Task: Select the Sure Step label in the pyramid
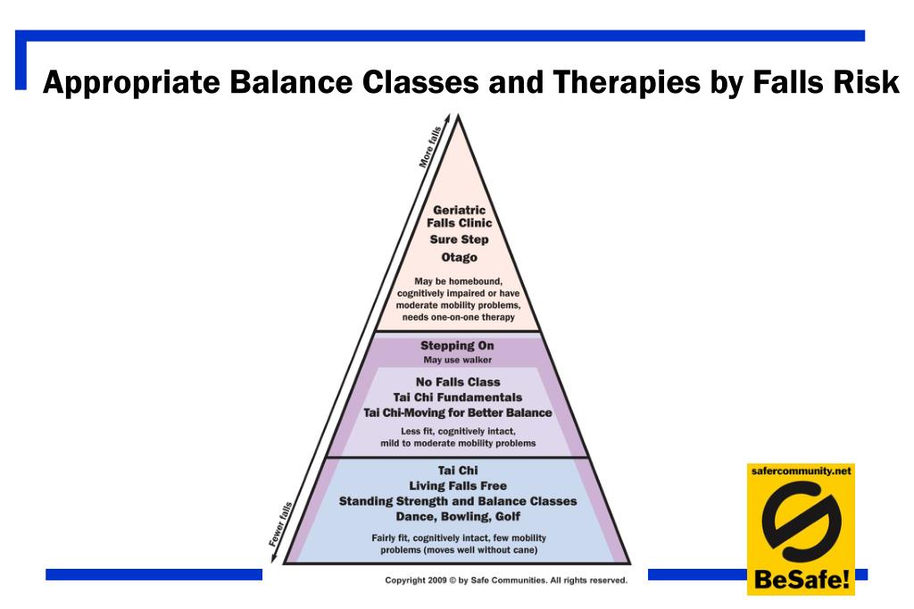point(459,240)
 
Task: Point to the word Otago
point(459,257)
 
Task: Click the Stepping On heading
point(457,346)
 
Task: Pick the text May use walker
point(457,360)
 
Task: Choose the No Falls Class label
point(458,382)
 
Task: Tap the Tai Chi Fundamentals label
point(458,397)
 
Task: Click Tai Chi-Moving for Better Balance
point(458,413)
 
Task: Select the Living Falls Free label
point(458,486)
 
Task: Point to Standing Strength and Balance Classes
point(458,501)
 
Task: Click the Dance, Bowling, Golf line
point(458,516)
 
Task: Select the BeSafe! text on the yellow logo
point(801,580)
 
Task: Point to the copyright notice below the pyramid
point(505,580)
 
